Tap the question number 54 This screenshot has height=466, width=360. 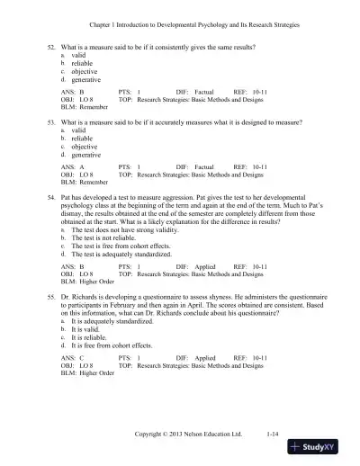tap(51, 193)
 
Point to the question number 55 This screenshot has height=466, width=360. tap(51, 296)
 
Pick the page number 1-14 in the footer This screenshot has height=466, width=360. tap(274, 434)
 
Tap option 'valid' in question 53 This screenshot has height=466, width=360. tap(78, 130)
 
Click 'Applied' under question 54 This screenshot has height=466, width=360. tap(204, 268)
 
